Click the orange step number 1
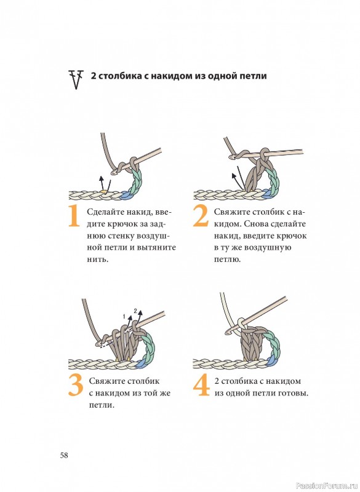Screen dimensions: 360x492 [74, 216]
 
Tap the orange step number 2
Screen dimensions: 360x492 [201, 216]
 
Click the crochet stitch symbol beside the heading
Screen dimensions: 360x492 [76, 79]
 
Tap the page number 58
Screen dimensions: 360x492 [64, 455]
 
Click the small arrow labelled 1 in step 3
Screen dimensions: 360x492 [130, 322]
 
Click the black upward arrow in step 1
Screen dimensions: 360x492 [101, 183]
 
